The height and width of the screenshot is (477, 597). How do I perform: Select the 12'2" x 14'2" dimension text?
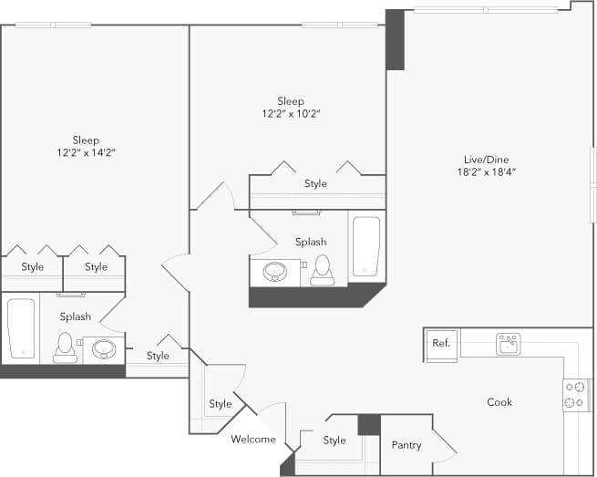click(86, 153)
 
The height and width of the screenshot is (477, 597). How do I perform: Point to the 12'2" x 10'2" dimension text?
click(291, 114)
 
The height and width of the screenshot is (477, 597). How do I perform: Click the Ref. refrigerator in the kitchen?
click(441, 344)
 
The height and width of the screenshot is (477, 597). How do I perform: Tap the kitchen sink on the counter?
click(508, 344)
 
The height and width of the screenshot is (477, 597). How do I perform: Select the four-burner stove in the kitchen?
click(576, 394)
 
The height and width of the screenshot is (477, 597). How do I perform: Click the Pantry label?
click(406, 445)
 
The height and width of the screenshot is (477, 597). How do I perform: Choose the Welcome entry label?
click(252, 439)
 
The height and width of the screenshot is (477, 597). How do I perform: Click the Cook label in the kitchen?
click(499, 402)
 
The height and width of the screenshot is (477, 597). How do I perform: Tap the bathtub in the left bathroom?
click(20, 327)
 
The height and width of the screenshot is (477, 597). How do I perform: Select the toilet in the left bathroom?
click(65, 347)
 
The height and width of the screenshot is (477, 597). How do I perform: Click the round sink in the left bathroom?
click(103, 348)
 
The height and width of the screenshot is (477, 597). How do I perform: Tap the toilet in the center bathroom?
click(321, 270)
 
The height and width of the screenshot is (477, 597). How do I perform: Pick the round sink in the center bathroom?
click(274, 271)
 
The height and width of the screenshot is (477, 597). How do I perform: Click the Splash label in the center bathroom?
click(310, 242)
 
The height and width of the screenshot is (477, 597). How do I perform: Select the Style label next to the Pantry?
click(335, 441)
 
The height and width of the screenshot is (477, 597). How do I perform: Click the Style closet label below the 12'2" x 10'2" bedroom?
click(315, 184)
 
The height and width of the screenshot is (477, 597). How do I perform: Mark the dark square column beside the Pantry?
click(368, 424)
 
